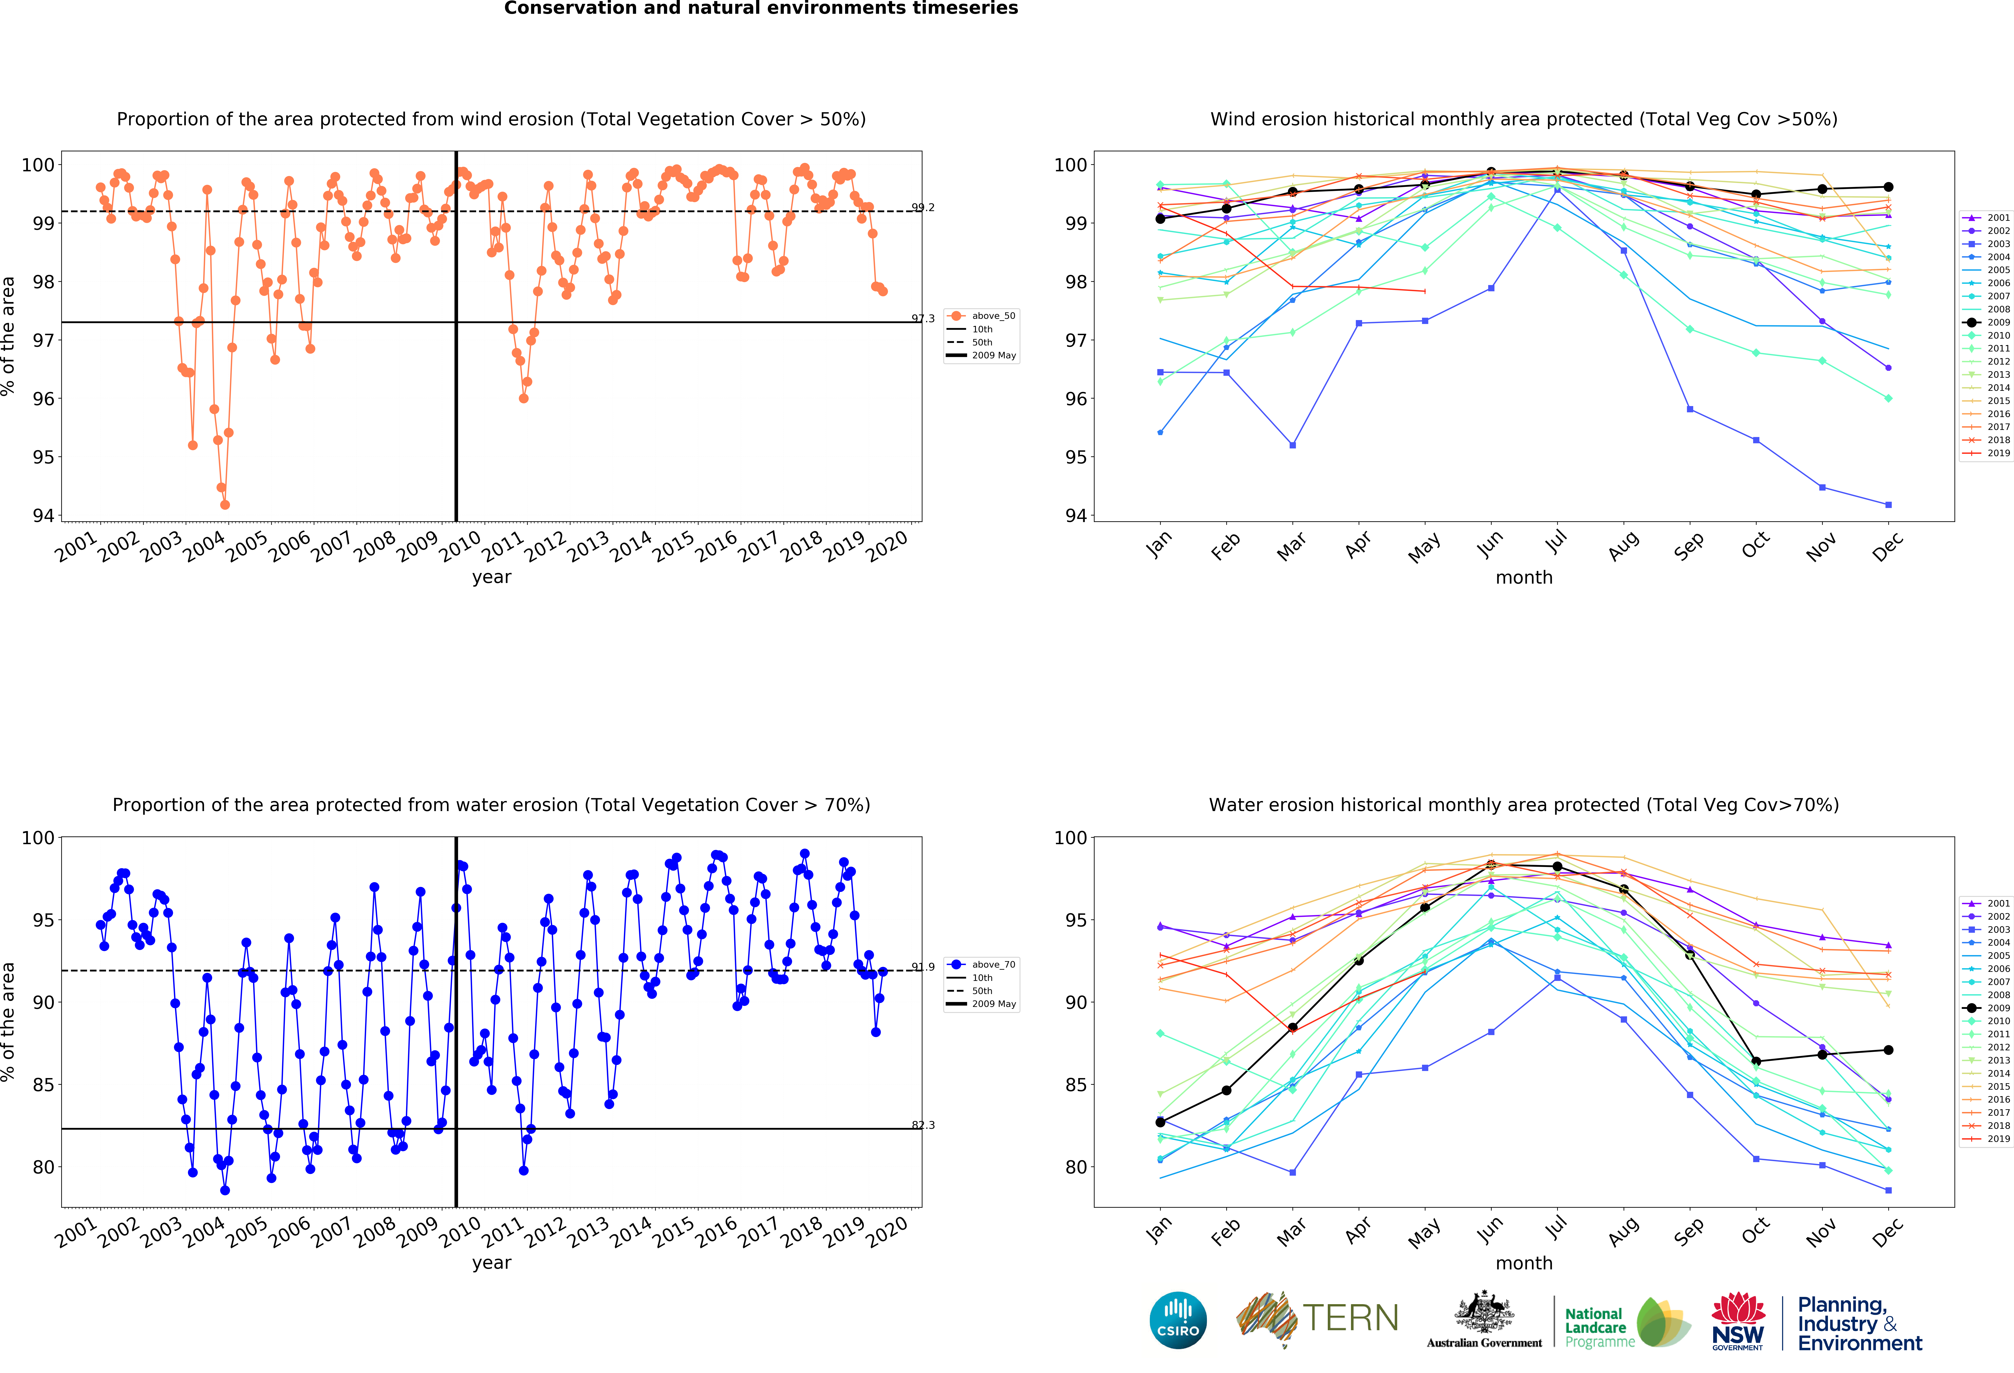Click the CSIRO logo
point(1178,1320)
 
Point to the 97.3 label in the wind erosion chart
point(923,319)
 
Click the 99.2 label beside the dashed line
point(923,208)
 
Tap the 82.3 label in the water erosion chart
point(923,1125)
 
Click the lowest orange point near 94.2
point(225,505)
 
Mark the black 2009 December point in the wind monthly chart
point(1888,187)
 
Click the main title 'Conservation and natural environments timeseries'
point(761,9)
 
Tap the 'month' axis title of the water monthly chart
point(1523,1263)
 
